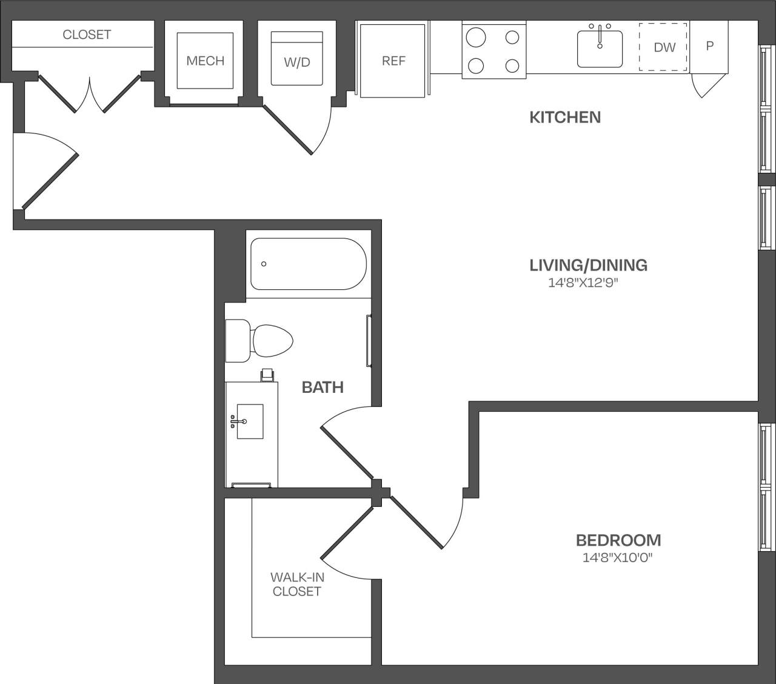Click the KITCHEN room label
[565, 117]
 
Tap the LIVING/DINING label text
[588, 265]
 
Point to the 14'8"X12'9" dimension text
[583, 283]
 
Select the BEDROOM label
[618, 540]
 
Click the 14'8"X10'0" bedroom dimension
[618, 557]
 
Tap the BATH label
[323, 387]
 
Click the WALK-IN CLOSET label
[297, 585]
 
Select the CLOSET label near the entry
[87, 35]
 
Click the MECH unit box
[205, 61]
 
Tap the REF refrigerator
[393, 61]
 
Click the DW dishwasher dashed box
[664, 47]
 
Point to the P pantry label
[709, 46]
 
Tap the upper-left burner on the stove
[476, 38]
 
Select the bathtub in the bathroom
[308, 264]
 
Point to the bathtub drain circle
[264, 264]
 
